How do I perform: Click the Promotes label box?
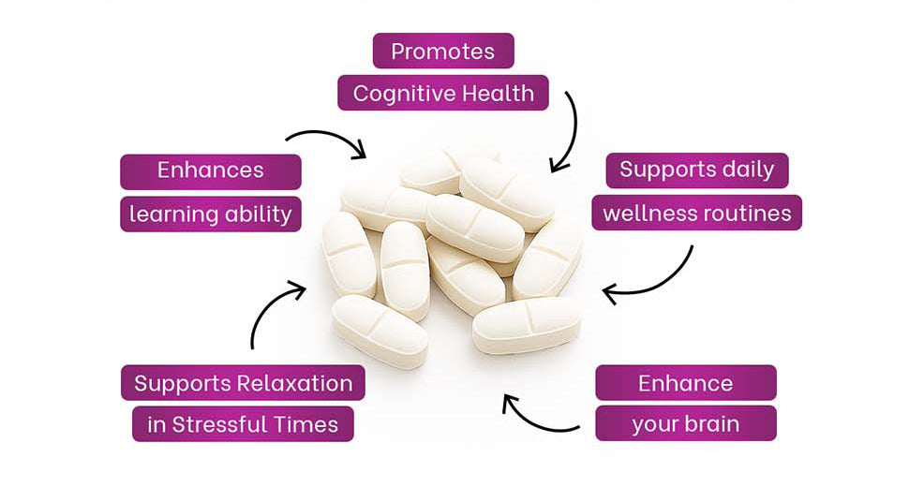[443, 51]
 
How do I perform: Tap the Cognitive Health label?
[443, 93]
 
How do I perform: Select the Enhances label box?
[211, 171]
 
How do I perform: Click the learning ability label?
[211, 214]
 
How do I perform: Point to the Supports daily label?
[696, 170]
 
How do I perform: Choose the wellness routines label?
[696, 213]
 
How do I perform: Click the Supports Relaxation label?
[243, 382]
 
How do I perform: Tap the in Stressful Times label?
[243, 424]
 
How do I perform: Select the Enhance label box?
[685, 382]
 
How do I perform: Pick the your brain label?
[685, 423]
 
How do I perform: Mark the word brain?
[711, 423]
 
